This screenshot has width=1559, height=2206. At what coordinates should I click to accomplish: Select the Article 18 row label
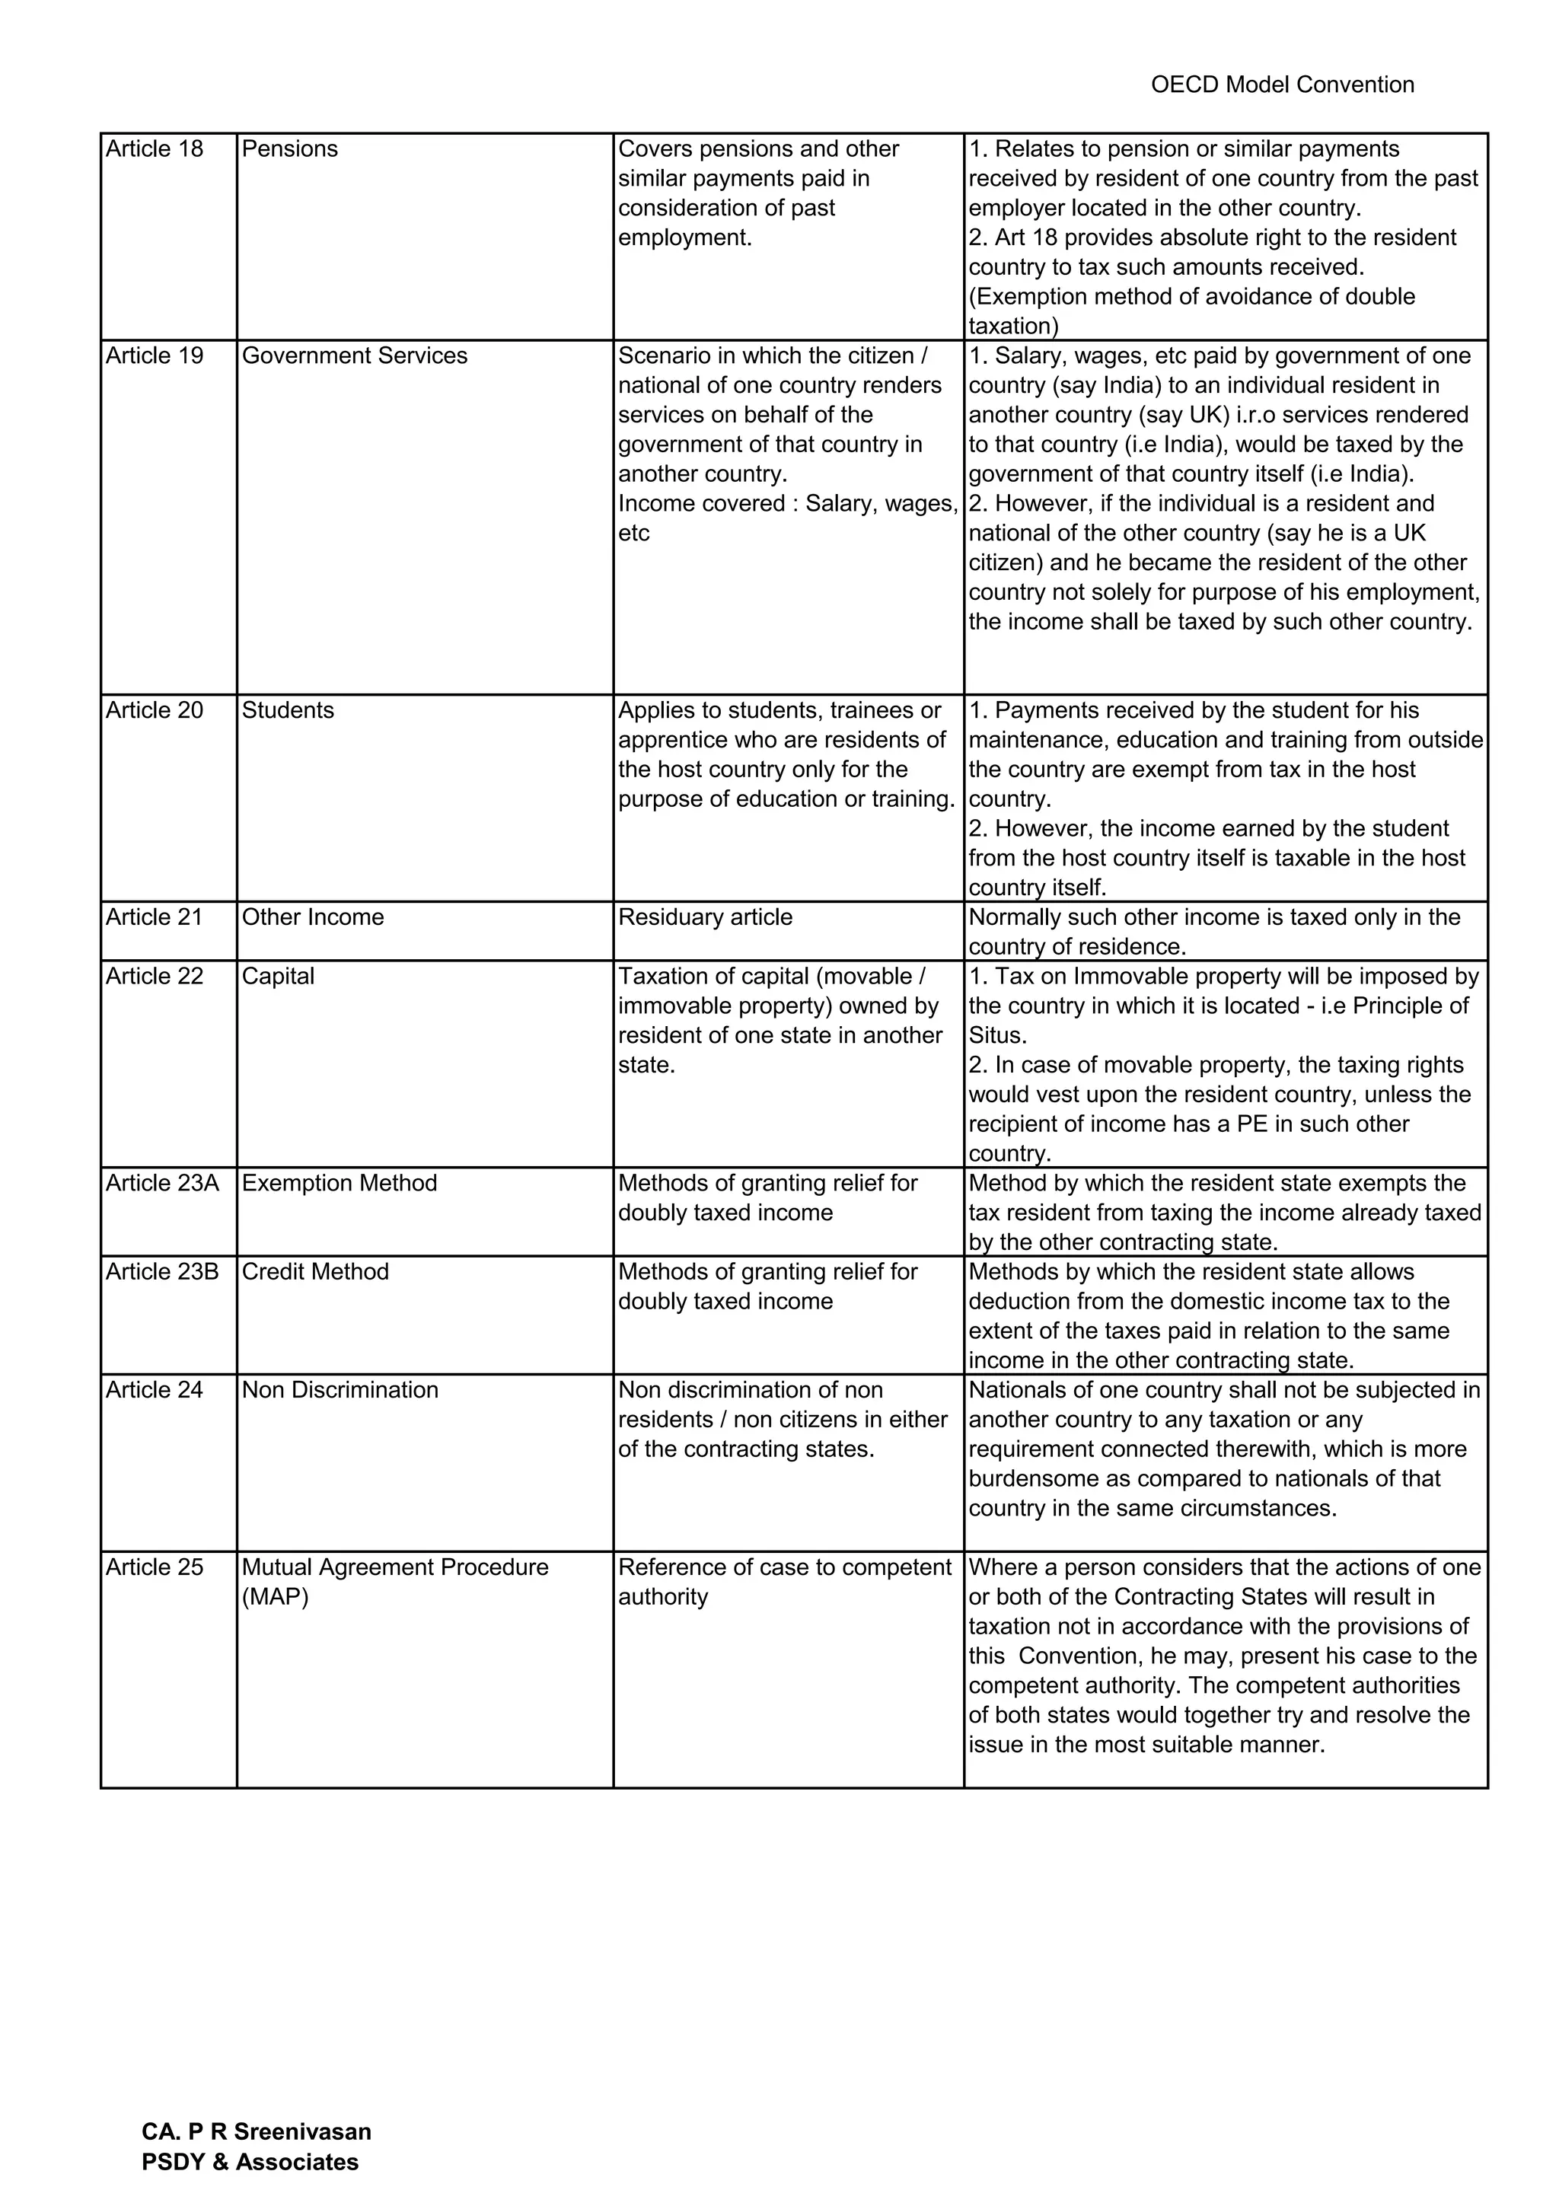coord(155,149)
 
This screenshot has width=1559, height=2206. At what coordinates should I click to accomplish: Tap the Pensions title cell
coord(290,149)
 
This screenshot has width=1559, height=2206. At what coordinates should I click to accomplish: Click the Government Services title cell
coord(355,355)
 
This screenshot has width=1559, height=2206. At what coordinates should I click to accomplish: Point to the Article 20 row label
coord(155,710)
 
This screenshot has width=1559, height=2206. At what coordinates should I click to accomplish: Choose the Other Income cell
coord(313,917)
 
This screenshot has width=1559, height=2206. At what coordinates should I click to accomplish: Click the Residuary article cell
coord(705,917)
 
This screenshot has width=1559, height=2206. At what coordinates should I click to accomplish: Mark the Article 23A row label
coord(162,1183)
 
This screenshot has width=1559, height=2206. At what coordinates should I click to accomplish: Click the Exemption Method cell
coord(339,1183)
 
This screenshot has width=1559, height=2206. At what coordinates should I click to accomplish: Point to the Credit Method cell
coord(315,1271)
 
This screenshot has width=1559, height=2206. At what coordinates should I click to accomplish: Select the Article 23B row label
coord(162,1271)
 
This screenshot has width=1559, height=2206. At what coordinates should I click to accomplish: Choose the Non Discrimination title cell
coord(340,1389)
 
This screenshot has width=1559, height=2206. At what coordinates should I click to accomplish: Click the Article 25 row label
coord(155,1567)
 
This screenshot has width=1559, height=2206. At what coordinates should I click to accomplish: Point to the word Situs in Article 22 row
coord(995,1036)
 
